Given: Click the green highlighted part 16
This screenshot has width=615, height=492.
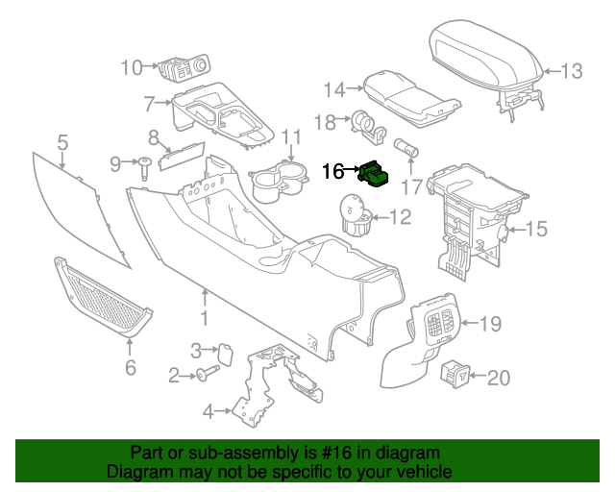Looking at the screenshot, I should pos(372,174).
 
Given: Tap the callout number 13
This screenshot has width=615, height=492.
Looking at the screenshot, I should pos(572,70).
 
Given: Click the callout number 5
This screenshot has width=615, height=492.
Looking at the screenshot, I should pos(62,143).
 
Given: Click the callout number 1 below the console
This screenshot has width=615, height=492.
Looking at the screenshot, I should pos(204,318).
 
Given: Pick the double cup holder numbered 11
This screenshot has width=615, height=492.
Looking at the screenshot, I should pos(278,180).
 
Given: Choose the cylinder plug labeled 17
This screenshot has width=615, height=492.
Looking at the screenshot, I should pos(408,151).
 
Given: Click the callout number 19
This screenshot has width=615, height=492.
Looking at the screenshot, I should pos(490,324).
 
